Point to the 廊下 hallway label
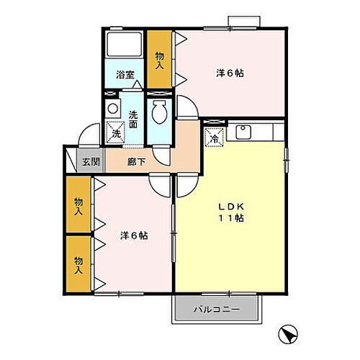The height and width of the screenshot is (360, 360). (137, 161)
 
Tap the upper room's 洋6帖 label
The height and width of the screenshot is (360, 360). (230, 73)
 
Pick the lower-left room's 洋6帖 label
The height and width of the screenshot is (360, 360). (133, 235)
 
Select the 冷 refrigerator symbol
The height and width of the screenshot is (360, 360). (215, 138)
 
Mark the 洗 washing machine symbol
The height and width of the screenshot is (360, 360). (114, 132)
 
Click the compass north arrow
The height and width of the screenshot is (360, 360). (287, 335)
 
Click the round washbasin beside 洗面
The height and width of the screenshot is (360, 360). (112, 109)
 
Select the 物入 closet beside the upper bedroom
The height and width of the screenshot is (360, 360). (159, 60)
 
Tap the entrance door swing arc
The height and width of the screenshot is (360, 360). (88, 134)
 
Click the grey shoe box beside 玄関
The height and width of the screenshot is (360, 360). (69, 161)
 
